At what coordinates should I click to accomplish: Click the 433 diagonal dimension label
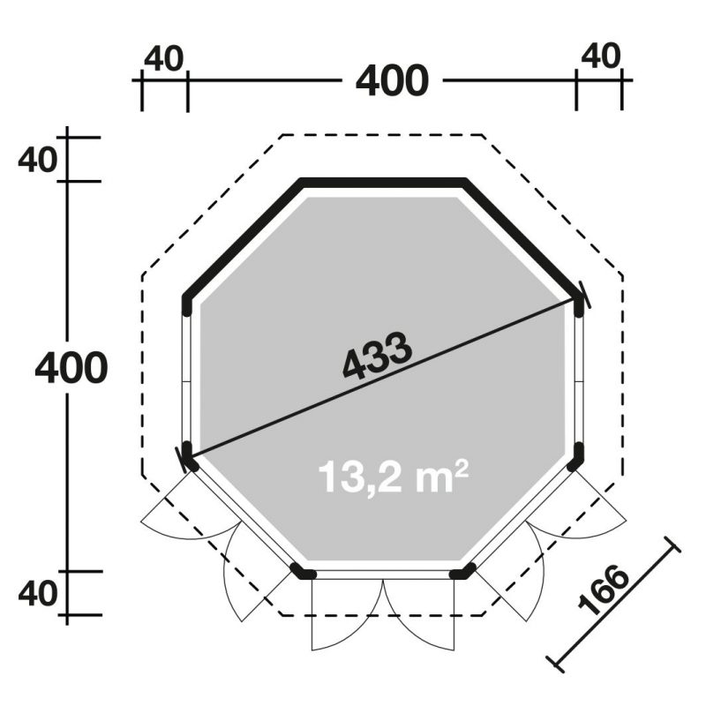point(378,355)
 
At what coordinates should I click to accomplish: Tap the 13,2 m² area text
point(393,477)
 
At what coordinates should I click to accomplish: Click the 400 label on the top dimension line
point(392,81)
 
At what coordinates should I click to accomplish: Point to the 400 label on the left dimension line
point(71,367)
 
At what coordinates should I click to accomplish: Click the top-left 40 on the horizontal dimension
point(164,58)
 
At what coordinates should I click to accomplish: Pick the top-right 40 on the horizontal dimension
point(601,56)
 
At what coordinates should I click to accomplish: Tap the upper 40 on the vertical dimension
point(38,160)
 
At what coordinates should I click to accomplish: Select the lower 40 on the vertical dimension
point(38,593)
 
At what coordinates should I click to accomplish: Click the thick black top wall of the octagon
point(383,183)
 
